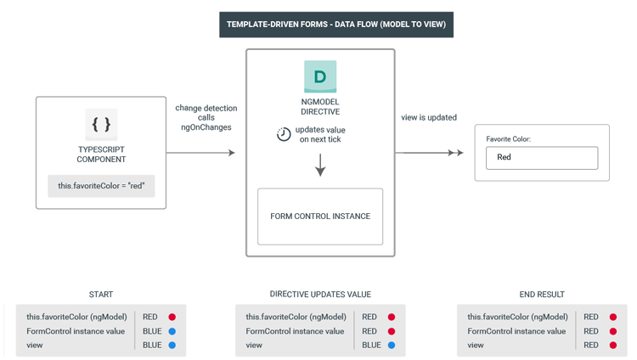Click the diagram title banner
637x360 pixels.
[336, 25]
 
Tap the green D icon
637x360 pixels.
[320, 76]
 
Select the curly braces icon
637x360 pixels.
[101, 124]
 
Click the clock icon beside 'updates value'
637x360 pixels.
[284, 134]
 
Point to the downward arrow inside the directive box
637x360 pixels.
[320, 165]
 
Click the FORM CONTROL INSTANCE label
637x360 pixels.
[320, 217]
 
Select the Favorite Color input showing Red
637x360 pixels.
[542, 158]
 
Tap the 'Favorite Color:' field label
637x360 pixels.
[508, 139]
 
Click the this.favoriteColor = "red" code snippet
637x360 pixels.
[101, 186]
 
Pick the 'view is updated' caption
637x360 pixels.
[429, 117]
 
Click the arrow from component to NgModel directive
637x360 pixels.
[200, 153]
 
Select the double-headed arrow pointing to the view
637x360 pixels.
[429, 153]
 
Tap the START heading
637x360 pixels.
[101, 295]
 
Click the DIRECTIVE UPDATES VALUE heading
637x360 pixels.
[320, 295]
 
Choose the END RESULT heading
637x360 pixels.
[542, 295]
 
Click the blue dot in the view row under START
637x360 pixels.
[172, 346]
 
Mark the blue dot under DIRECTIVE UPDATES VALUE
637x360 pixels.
[392, 346]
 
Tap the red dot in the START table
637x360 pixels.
[172, 317]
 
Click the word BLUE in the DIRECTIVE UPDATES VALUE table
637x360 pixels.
[371, 346]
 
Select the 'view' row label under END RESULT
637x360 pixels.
[476, 346]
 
